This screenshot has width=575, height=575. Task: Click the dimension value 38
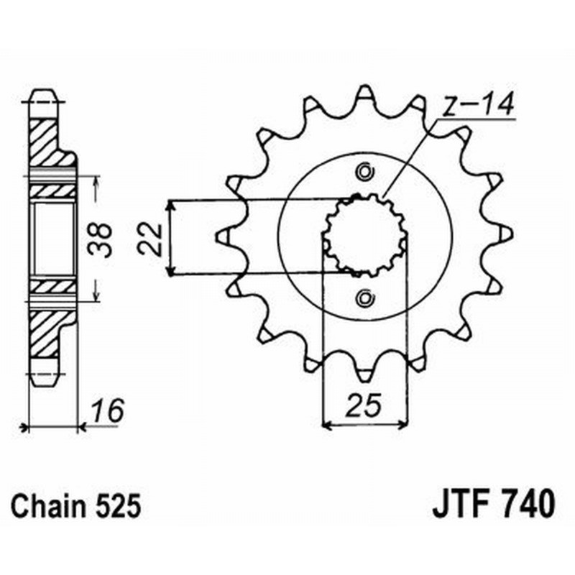pos(103,239)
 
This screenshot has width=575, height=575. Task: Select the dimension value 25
pos(364,408)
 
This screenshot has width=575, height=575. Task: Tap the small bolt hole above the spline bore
pos(364,172)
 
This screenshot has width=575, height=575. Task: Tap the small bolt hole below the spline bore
pos(364,297)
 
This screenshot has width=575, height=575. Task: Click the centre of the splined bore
pos(364,235)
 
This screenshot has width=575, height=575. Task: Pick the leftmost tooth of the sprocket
pos(224,234)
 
